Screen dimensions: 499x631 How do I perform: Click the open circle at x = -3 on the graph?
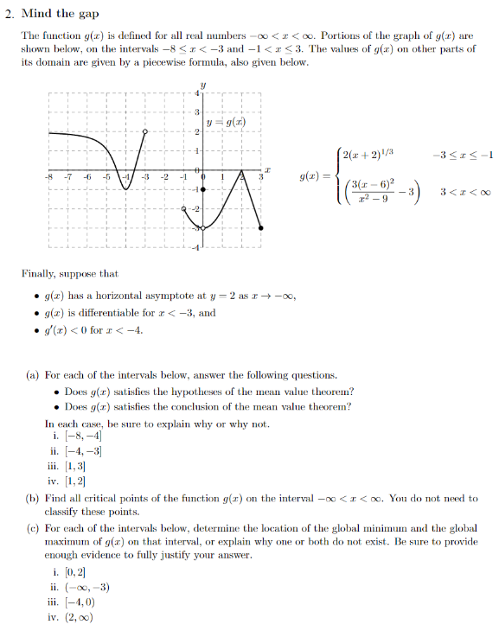(145, 131)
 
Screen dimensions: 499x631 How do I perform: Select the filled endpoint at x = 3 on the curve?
(262, 228)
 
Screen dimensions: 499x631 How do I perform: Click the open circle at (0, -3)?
(202, 228)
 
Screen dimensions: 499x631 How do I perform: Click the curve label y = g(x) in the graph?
(228, 122)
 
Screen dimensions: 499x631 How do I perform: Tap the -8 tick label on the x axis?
(49, 176)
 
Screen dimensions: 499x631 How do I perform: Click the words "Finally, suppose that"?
(70, 273)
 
